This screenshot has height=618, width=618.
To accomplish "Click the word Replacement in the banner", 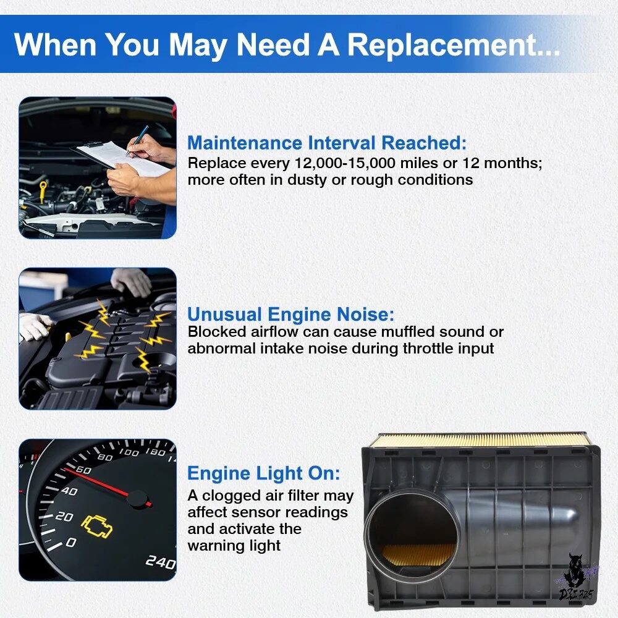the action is pyautogui.click(x=453, y=44).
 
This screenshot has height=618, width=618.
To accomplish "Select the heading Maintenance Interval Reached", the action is pyautogui.click(x=327, y=143).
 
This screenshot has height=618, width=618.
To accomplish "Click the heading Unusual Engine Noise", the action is pyautogui.click(x=290, y=314).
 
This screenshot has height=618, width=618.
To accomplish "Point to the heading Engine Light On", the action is pyautogui.click(x=264, y=473).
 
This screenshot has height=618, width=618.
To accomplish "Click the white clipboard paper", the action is pyautogui.click(x=122, y=158).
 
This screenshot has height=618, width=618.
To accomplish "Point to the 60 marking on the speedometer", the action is pyautogui.click(x=83, y=470).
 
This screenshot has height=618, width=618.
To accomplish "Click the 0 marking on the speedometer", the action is pyautogui.click(x=70, y=543).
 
